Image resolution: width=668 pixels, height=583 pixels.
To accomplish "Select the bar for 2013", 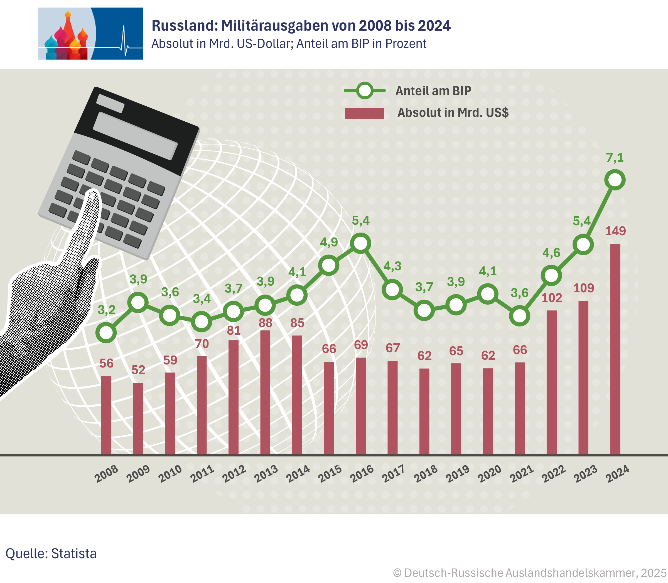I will [265, 392].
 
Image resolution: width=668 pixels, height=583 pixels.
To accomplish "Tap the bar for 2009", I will [138, 418].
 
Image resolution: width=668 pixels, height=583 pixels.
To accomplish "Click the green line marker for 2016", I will [360, 243].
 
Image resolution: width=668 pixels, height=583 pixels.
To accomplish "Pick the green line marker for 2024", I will [615, 180].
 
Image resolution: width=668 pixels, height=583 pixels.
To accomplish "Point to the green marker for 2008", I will [106, 333].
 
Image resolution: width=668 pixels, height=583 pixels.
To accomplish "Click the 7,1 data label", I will [615, 158].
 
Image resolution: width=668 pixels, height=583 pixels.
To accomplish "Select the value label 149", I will [615, 231].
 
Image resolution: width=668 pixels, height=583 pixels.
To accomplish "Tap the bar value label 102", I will [552, 298].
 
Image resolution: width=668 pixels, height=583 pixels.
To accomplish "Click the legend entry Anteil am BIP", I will [433, 91].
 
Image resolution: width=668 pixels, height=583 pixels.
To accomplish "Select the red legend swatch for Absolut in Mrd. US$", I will [364, 113].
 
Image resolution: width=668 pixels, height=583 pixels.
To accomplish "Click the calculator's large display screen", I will [135, 136].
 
